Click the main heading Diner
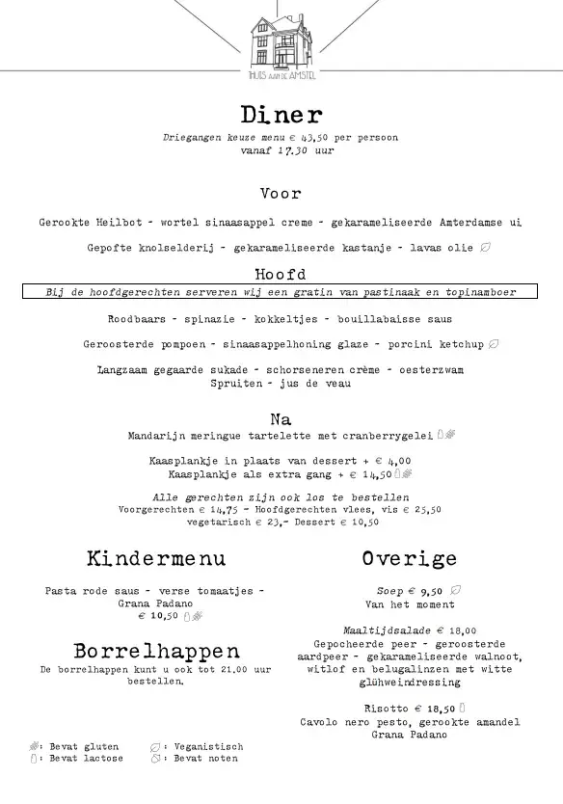(x=281, y=116)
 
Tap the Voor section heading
(x=281, y=194)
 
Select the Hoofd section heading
(x=281, y=274)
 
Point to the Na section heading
(x=281, y=419)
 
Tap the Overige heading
(x=410, y=558)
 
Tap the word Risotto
(x=382, y=709)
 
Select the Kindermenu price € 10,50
(x=159, y=615)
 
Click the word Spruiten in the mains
(x=261, y=383)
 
